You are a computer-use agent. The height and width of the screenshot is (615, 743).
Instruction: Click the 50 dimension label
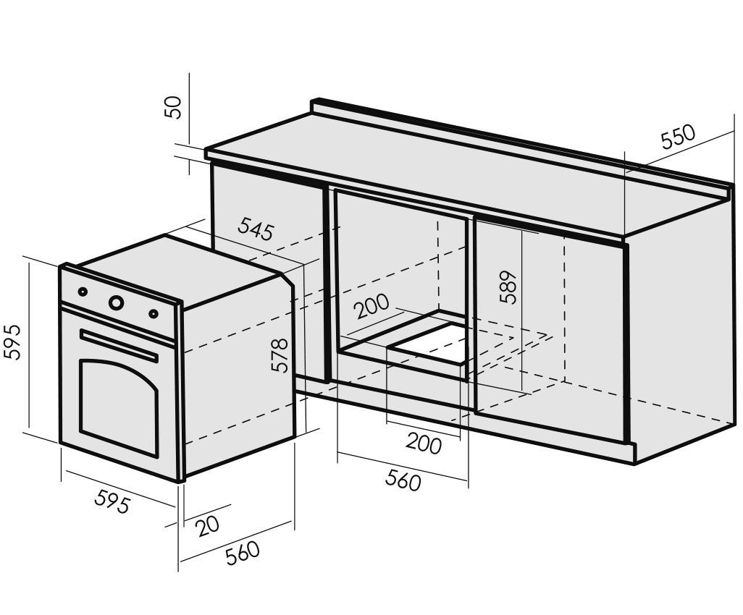click(173, 107)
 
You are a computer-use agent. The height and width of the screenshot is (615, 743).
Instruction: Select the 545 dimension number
click(256, 229)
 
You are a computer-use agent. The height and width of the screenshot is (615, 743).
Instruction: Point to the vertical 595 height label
click(12, 342)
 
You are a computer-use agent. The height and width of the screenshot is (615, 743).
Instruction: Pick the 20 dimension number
click(208, 526)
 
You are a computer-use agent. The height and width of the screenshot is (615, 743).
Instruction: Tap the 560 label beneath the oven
click(243, 553)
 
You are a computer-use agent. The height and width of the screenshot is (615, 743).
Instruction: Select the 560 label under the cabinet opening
click(403, 480)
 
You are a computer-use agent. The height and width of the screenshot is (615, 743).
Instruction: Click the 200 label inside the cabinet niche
click(372, 306)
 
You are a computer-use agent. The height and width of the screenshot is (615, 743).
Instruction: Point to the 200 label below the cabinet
click(424, 444)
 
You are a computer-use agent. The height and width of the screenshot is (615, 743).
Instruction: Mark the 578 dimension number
click(280, 355)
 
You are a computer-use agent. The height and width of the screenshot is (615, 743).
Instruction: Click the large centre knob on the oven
click(117, 302)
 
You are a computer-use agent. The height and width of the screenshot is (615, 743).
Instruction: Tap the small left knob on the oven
click(83, 292)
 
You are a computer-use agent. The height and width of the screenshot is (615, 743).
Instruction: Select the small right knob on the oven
click(153, 313)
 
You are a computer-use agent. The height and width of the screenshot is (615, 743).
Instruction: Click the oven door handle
click(119, 345)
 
